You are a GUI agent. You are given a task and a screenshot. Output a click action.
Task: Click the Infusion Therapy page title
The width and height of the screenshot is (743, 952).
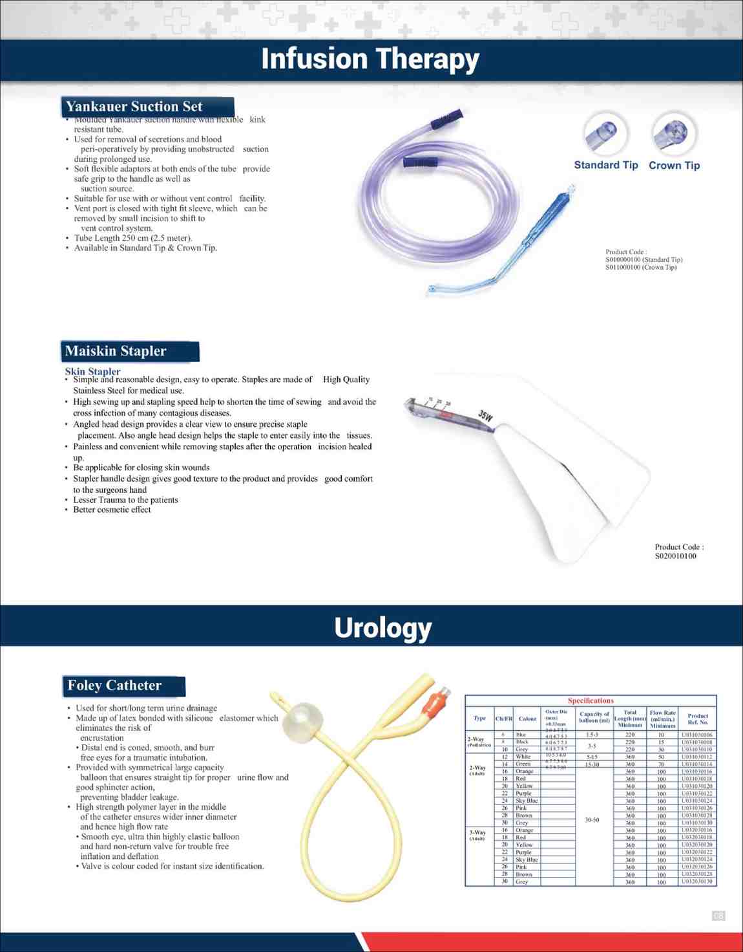click(370, 59)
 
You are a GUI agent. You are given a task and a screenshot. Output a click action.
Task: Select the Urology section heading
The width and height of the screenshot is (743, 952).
click(382, 627)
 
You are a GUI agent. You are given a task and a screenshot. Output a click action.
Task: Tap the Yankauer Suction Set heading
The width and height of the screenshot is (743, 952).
click(134, 107)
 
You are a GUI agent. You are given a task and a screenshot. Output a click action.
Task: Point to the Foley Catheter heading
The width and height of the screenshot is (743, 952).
click(115, 686)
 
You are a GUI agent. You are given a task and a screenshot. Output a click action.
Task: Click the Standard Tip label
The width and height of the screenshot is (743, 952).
click(605, 165)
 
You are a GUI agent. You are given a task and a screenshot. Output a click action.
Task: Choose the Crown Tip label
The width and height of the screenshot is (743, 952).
click(674, 165)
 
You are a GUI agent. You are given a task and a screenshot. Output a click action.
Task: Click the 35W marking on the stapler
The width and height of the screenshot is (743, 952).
click(485, 415)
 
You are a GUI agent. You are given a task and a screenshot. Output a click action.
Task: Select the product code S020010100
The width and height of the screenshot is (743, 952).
click(675, 556)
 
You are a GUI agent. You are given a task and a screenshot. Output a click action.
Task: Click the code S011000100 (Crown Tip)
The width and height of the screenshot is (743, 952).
click(640, 267)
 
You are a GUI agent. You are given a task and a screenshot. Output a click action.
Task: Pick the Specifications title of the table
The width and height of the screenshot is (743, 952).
click(591, 700)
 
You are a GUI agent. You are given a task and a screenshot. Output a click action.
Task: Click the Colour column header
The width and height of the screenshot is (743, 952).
click(527, 719)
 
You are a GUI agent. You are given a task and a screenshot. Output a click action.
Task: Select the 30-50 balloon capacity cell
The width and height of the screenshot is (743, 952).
click(592, 820)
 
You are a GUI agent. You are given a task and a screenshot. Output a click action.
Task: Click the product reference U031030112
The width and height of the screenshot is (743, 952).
click(697, 757)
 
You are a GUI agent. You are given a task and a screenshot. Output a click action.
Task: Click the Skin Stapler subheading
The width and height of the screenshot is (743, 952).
click(92, 371)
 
